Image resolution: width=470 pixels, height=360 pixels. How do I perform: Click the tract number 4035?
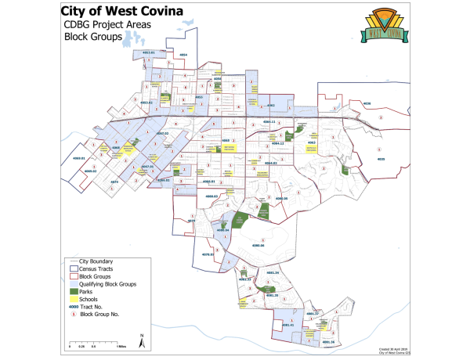[381, 159]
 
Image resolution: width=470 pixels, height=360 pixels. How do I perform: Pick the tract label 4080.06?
[258, 246]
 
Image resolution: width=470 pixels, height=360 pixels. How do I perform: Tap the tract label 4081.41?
[287, 325]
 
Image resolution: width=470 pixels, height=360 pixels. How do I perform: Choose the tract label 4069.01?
[78, 158]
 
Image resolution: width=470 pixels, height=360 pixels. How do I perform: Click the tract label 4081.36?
[327, 342]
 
